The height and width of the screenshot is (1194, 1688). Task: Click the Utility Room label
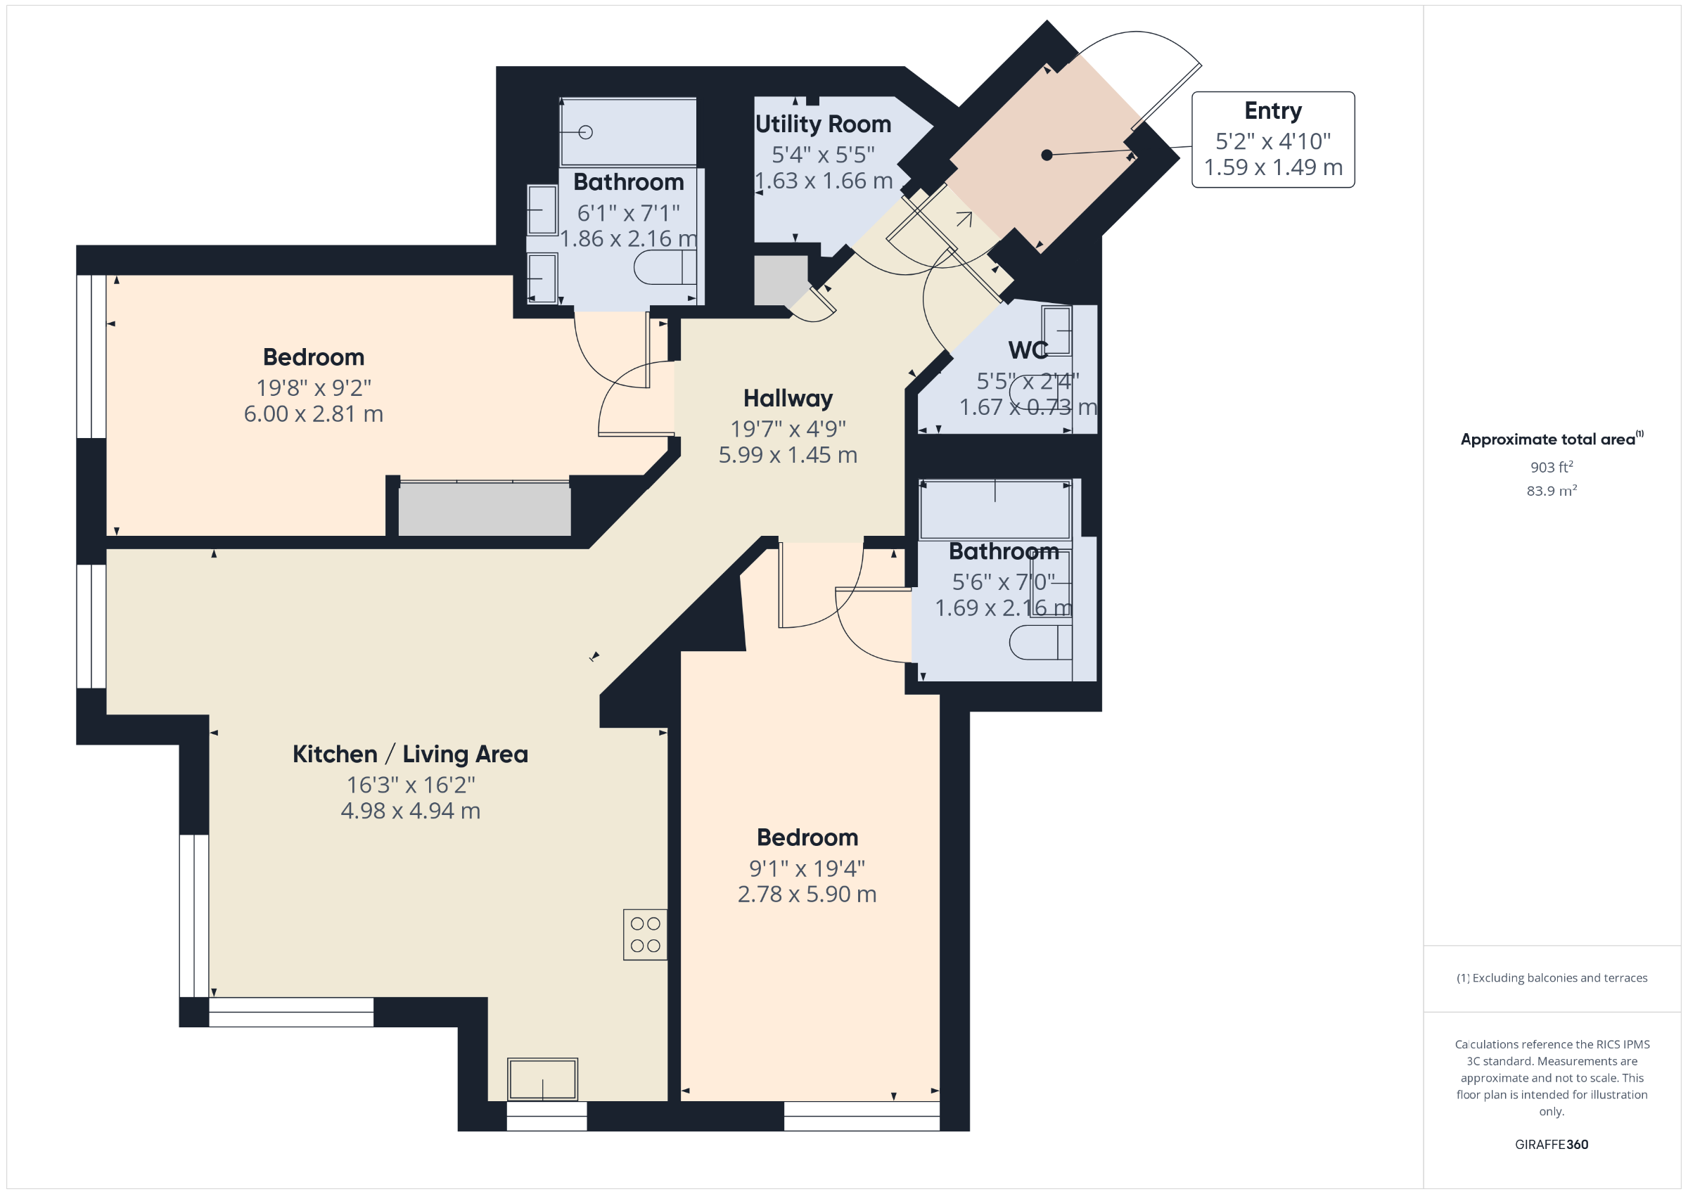pos(823,124)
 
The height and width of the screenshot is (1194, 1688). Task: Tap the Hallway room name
pos(788,399)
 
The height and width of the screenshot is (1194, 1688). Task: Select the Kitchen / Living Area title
pos(410,755)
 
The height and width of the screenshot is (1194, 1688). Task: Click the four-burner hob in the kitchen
pos(645,935)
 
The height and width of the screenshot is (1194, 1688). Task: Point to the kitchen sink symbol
pos(542,1079)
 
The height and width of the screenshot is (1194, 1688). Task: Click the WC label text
pos(1028,350)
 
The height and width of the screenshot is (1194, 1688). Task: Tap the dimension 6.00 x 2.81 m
pos(313,414)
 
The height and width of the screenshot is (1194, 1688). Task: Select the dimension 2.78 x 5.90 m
pos(807,894)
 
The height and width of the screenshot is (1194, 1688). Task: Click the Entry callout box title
pos(1272,110)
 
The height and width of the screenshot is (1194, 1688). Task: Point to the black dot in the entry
pos(1047,155)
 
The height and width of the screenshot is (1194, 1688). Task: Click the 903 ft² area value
pos(1552,467)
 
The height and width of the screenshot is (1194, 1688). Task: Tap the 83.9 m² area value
pos(1552,490)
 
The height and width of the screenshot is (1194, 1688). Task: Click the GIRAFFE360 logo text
pos(1552,1144)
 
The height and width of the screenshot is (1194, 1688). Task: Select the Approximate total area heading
pos(1552,439)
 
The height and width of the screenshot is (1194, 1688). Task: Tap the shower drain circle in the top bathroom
pos(586,132)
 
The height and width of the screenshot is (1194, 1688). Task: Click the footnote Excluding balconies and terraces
pos(1552,978)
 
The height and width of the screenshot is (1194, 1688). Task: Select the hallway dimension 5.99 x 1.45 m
pos(788,455)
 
